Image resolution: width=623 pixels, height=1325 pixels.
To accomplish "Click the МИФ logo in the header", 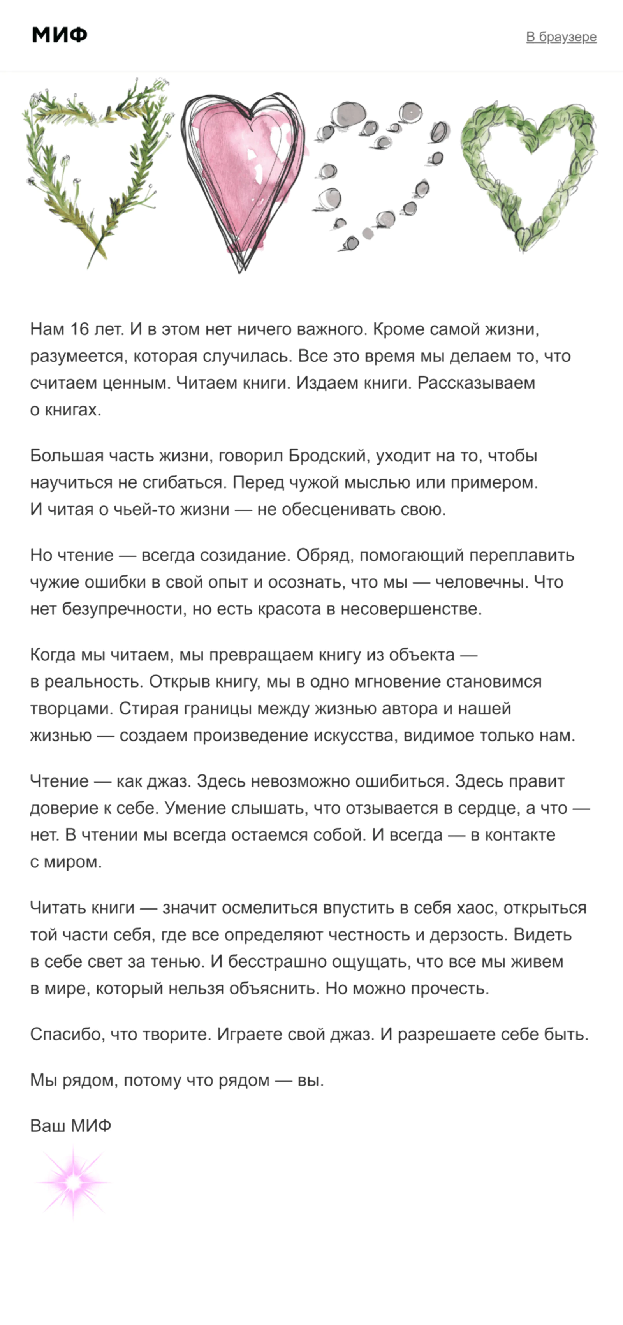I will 60,35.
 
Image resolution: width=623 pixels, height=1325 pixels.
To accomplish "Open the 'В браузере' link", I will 561,37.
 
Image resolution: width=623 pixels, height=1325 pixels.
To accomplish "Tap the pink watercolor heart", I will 242,175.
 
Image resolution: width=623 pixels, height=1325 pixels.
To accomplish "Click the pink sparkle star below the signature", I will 74,1182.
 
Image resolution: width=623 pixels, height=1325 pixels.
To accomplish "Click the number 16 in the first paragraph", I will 80,329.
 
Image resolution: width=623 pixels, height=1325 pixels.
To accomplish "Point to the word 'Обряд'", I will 324,556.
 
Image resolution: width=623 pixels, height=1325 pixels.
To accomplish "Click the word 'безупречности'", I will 123,609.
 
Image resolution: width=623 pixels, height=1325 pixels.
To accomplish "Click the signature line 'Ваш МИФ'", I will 70,1125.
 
